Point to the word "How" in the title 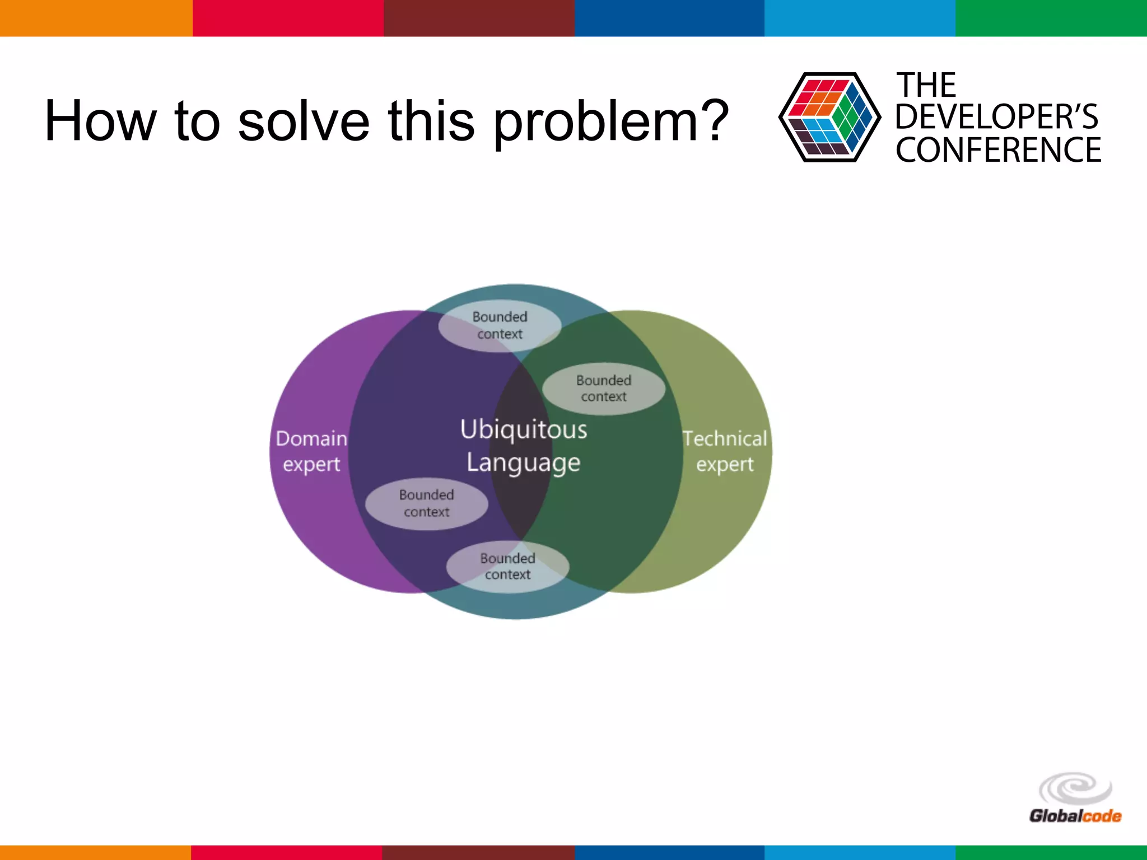tap(100, 121)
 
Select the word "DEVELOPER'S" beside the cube tap(997, 117)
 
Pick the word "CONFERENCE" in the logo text tap(998, 150)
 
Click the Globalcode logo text tap(1075, 816)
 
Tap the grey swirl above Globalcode tap(1075, 788)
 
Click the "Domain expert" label tap(311, 451)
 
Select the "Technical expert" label tap(725, 451)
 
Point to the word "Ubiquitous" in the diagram tap(524, 429)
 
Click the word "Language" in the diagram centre tap(524, 463)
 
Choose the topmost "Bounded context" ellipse tap(500, 325)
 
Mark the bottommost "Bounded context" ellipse tap(507, 566)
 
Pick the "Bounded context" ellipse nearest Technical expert tap(604, 389)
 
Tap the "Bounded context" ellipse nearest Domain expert tap(427, 503)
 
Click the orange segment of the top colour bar tap(96, 18)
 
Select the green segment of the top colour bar tap(1051, 18)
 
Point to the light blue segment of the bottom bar tap(860, 852)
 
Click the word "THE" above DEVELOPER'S tap(926, 86)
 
